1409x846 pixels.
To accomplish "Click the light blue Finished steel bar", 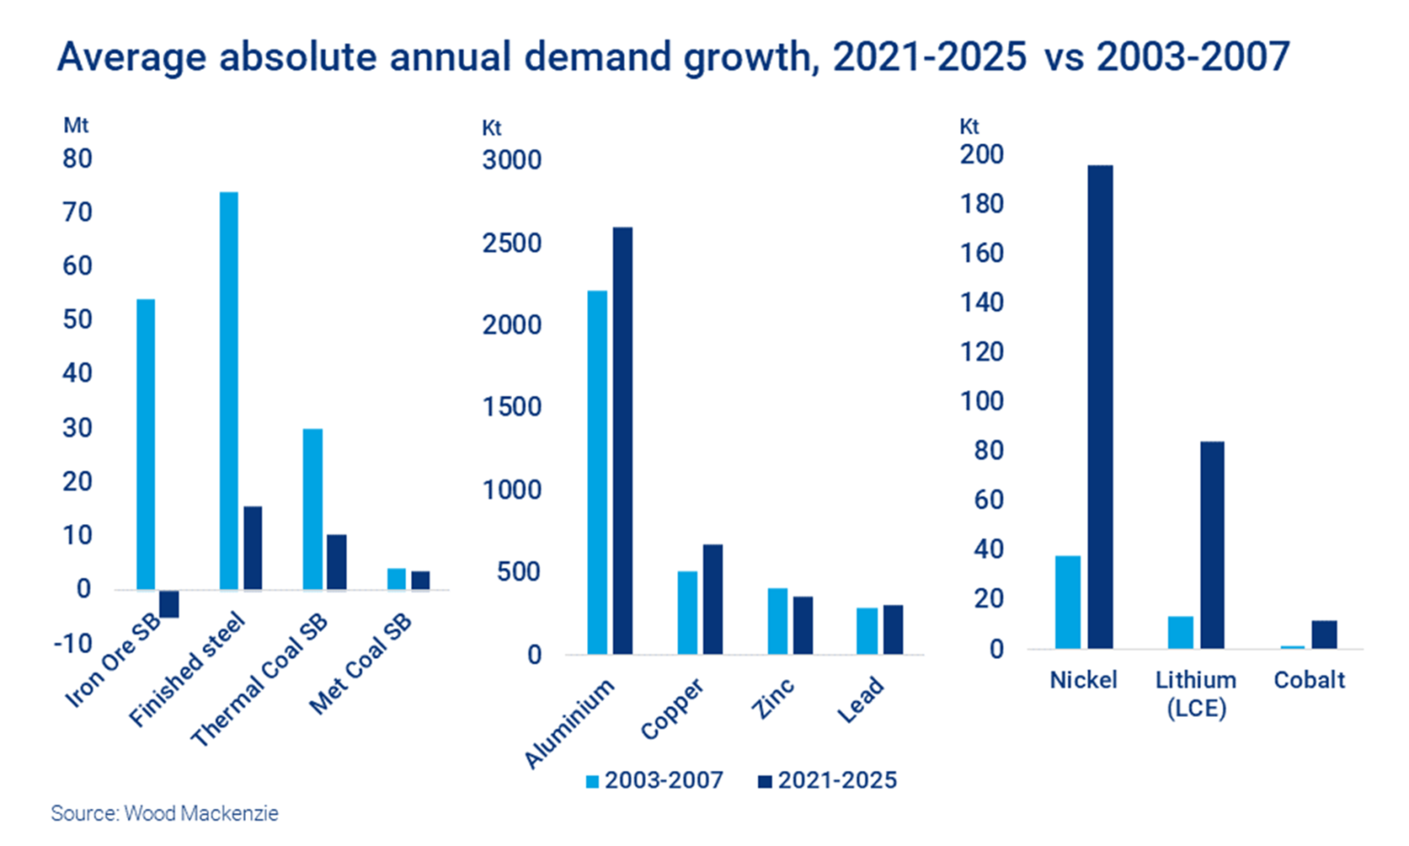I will pyautogui.click(x=228, y=390).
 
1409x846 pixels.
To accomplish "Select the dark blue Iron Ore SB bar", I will pyautogui.click(x=169, y=604).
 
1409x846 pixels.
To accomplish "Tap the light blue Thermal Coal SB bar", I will pyautogui.click(x=313, y=508).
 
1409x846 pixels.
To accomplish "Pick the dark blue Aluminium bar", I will pyautogui.click(x=623, y=440).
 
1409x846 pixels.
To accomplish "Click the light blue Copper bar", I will pyautogui.click(x=687, y=613).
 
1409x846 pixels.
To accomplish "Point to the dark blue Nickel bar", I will pyautogui.click(x=1100, y=406).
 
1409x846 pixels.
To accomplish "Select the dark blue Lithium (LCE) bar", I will pyautogui.click(x=1212, y=545).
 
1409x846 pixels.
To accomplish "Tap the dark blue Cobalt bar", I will pyautogui.click(x=1324, y=635).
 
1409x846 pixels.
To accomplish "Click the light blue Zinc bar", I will pyautogui.click(x=778, y=621).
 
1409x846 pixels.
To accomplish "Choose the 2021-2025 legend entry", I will pyautogui.click(x=827, y=781).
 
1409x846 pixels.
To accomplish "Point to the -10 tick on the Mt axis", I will pyautogui.click(x=73, y=643).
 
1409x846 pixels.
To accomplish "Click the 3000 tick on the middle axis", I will pyautogui.click(x=512, y=160).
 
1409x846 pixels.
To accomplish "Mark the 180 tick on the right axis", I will pyautogui.click(x=982, y=204).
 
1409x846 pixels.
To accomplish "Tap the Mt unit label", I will pyautogui.click(x=75, y=125).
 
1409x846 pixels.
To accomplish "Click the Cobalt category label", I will pyautogui.click(x=1309, y=680).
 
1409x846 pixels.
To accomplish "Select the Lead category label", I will pyautogui.click(x=860, y=700).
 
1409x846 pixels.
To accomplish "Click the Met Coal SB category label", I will pyautogui.click(x=361, y=664).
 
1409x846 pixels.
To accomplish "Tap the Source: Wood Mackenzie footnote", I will pyautogui.click(x=165, y=814).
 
